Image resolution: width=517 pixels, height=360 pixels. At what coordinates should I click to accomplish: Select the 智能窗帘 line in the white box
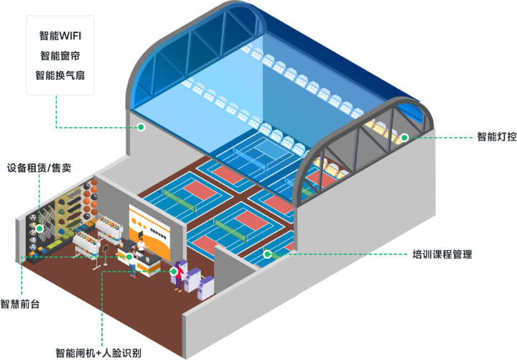point(60,55)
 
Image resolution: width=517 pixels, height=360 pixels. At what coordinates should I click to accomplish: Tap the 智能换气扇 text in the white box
point(60,75)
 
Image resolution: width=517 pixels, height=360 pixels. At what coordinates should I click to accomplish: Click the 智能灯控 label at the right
point(495,137)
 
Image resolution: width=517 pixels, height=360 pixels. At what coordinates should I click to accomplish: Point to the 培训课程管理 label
point(442,254)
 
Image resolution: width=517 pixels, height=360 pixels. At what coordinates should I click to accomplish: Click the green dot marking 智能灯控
point(404,137)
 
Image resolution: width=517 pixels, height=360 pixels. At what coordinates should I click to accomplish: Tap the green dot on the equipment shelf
point(39,229)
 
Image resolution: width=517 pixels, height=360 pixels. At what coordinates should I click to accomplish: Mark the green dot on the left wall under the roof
point(141,127)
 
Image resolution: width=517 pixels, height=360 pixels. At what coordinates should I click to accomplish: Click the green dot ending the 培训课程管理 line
point(267,253)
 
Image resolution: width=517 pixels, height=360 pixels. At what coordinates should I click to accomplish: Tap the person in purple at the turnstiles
point(177,277)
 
